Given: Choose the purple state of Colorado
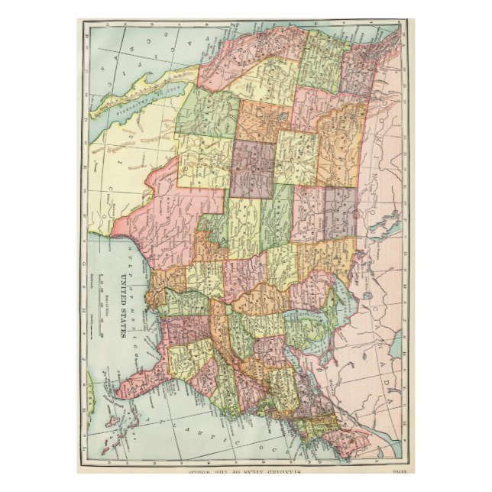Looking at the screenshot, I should click(252, 163).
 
